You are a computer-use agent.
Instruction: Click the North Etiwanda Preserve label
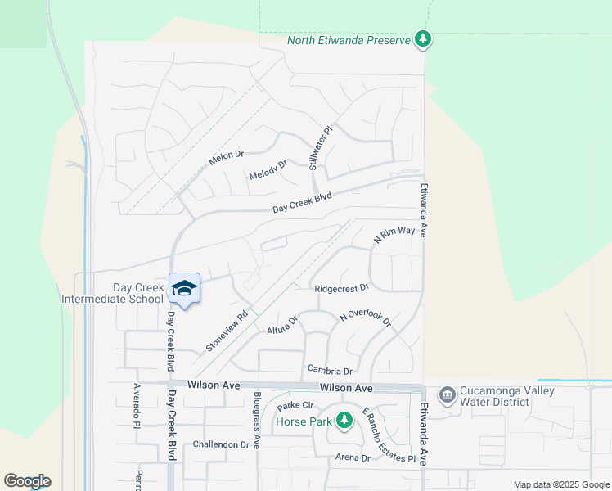(348, 40)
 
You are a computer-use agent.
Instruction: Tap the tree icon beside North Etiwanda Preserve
(422, 38)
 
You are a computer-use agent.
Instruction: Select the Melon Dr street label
(227, 156)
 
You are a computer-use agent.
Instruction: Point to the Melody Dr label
(268, 170)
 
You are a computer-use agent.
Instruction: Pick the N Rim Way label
(394, 235)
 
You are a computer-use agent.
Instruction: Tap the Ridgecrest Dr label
(342, 288)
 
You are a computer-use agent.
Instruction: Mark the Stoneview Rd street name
(227, 331)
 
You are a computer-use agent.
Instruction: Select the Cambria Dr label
(329, 370)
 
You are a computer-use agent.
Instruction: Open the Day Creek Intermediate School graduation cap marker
(185, 288)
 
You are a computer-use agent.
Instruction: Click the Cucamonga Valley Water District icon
(447, 396)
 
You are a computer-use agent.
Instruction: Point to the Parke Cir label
(295, 406)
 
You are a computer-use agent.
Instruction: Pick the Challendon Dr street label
(221, 444)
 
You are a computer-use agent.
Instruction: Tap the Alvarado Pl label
(137, 402)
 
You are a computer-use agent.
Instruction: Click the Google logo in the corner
(27, 481)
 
